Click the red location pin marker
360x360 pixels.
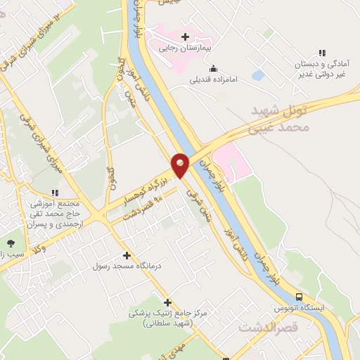click(x=180, y=165)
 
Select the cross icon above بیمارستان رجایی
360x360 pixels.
click(x=185, y=37)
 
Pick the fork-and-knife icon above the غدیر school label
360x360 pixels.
click(x=322, y=53)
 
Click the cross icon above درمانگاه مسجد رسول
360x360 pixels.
click(x=127, y=255)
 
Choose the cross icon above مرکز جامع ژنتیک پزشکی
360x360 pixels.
click(x=167, y=302)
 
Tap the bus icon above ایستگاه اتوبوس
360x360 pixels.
click(x=300, y=297)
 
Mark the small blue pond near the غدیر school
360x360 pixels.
click(x=257, y=75)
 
